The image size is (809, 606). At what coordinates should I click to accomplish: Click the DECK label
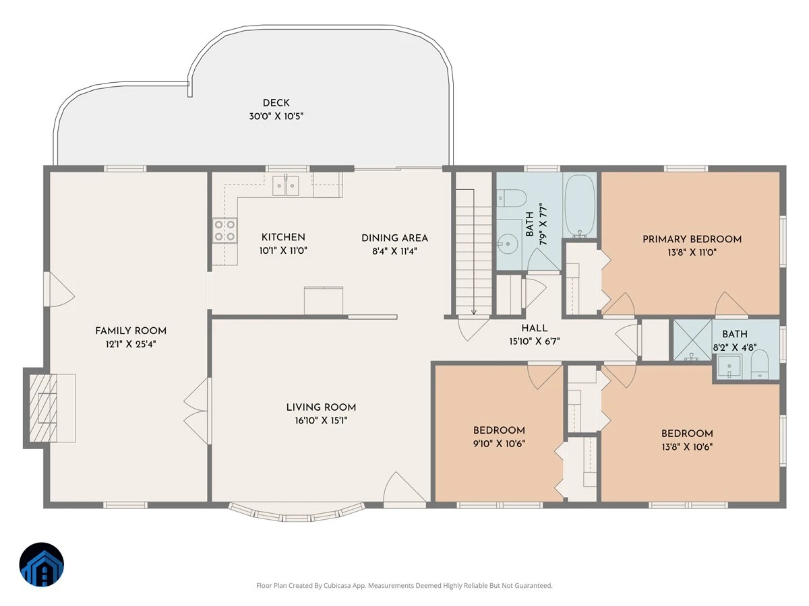click(x=276, y=103)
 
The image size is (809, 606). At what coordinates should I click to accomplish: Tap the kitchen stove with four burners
click(x=224, y=230)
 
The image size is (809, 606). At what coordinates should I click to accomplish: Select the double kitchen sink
click(x=286, y=186)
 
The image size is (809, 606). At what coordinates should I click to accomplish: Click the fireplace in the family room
click(x=43, y=407)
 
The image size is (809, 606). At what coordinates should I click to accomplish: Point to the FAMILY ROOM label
click(x=131, y=331)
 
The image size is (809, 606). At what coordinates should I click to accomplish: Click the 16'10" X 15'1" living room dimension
click(x=321, y=420)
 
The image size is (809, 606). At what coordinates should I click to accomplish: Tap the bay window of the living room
click(x=297, y=513)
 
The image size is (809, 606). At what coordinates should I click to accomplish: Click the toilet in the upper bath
click(x=510, y=199)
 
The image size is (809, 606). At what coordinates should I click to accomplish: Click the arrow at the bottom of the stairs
click(x=474, y=312)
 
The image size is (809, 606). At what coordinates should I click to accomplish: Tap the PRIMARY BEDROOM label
click(x=692, y=239)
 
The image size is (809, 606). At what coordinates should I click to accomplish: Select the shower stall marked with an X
click(x=692, y=340)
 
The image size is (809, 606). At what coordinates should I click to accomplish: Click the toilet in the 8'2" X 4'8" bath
click(x=760, y=364)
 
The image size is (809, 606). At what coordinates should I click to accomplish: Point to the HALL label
click(x=535, y=328)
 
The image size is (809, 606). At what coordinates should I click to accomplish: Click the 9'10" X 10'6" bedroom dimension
click(x=499, y=444)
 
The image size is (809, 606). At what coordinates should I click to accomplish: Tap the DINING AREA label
click(x=395, y=238)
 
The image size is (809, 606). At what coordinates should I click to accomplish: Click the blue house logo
click(x=42, y=565)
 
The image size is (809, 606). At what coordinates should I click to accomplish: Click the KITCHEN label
click(x=283, y=237)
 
